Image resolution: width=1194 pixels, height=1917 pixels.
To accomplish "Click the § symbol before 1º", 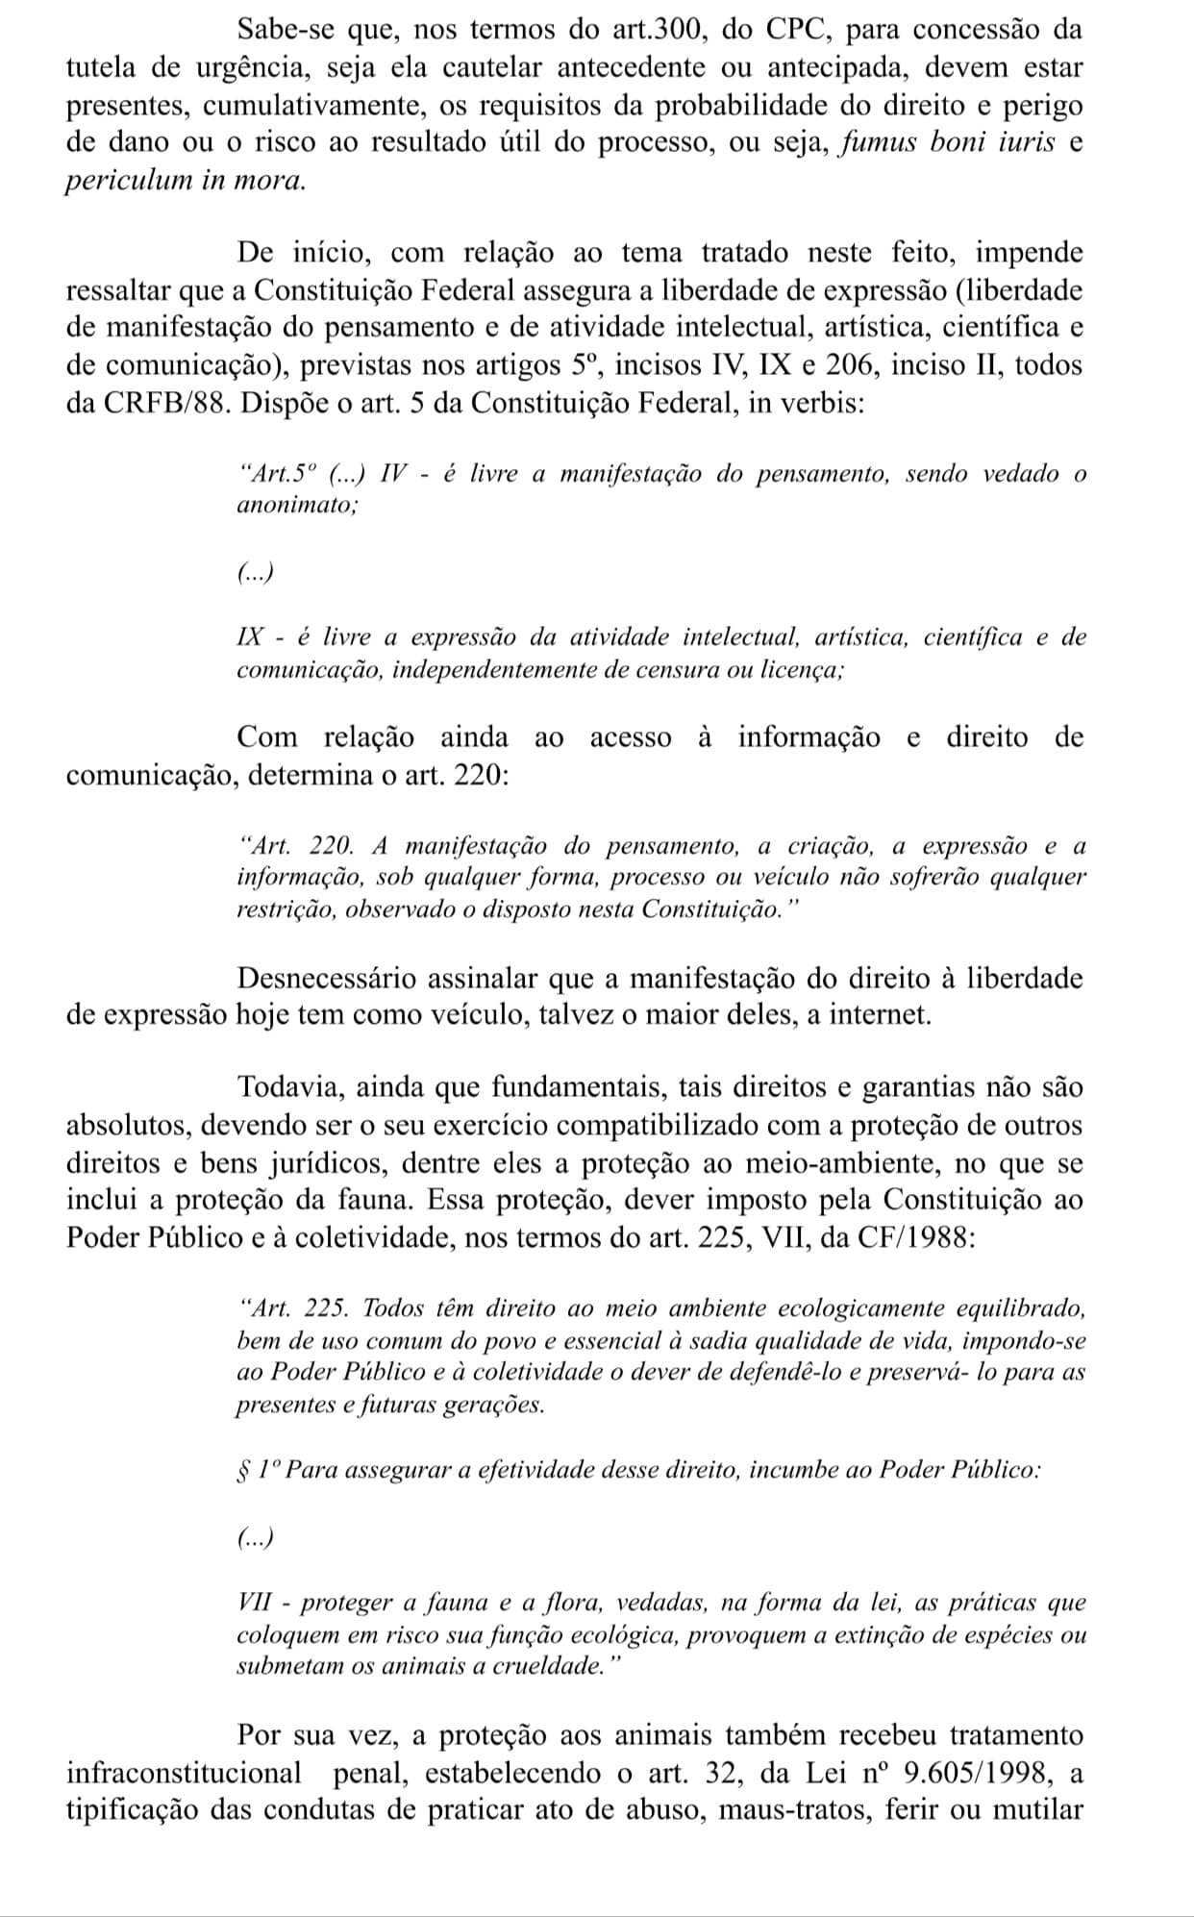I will pyautogui.click(x=242, y=1470).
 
